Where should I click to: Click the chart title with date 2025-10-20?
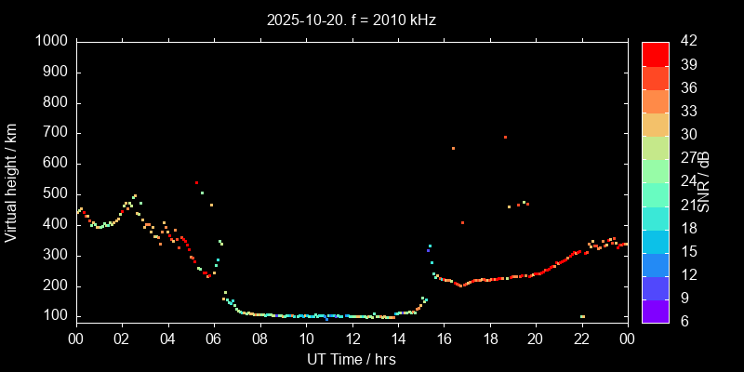tap(352, 18)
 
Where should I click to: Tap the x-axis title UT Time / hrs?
tap(352, 359)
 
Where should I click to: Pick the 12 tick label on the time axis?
tap(352, 339)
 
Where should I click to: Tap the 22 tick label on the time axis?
tap(581, 339)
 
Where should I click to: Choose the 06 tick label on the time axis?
tap(214, 339)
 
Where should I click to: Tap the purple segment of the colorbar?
tap(655, 312)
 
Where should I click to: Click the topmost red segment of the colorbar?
tap(655, 53)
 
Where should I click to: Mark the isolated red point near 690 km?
tap(505, 137)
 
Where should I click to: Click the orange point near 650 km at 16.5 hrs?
tap(453, 148)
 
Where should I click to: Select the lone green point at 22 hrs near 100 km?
tap(582, 316)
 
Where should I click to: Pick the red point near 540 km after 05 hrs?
tap(196, 182)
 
